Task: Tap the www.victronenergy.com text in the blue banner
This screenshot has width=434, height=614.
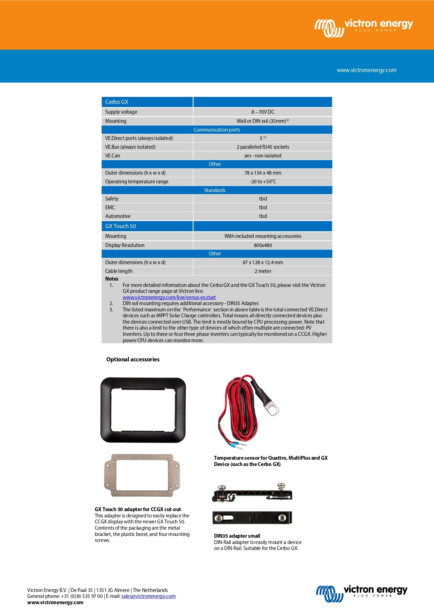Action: point(366,70)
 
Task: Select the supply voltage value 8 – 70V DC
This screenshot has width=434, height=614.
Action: point(263,112)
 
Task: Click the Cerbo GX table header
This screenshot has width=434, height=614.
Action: point(117,102)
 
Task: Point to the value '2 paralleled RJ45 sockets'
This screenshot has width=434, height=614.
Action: point(263,147)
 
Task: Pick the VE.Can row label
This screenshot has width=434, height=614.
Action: point(113,156)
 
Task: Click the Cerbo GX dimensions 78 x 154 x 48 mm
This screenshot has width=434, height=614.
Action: point(263,173)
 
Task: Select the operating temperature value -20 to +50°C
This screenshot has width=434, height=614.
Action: point(263,182)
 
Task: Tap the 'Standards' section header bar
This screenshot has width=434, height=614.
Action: point(215,190)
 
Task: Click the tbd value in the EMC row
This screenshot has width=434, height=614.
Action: point(263,207)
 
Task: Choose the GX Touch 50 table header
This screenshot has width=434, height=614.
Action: point(121,226)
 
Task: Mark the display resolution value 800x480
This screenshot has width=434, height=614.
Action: point(263,245)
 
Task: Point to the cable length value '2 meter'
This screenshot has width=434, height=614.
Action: point(263,271)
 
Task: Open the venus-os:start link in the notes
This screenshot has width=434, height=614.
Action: point(169,297)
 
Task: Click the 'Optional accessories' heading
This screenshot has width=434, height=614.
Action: point(133,359)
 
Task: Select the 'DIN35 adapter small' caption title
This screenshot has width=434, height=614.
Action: point(237,536)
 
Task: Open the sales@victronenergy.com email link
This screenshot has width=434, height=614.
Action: point(148,596)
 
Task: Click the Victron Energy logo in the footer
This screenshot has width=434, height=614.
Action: point(362,593)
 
